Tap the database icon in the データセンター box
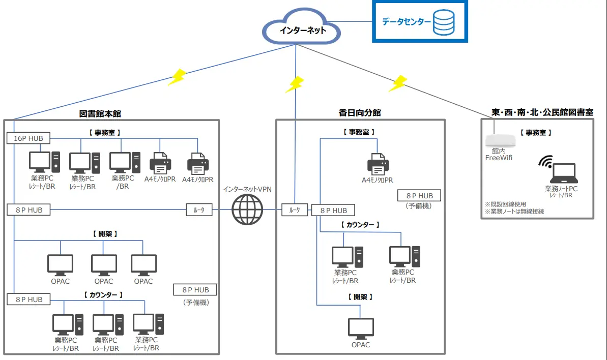pos(444,22)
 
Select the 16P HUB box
pos(28,138)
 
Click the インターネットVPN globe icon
pos(247,209)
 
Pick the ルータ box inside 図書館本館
pos(199,209)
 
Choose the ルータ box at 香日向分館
pos(295,210)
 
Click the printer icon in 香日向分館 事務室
pos(378,164)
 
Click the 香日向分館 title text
pos(360,113)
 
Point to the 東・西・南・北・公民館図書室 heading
pos(542,112)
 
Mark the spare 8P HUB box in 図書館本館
pos(195,290)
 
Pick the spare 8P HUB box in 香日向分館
pos(419,196)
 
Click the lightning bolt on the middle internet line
pos(294,84)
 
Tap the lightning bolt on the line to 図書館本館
pos(177,77)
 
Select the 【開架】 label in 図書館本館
pos(105,234)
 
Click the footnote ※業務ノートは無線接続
pos(514,211)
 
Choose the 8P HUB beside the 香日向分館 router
pos(333,210)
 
